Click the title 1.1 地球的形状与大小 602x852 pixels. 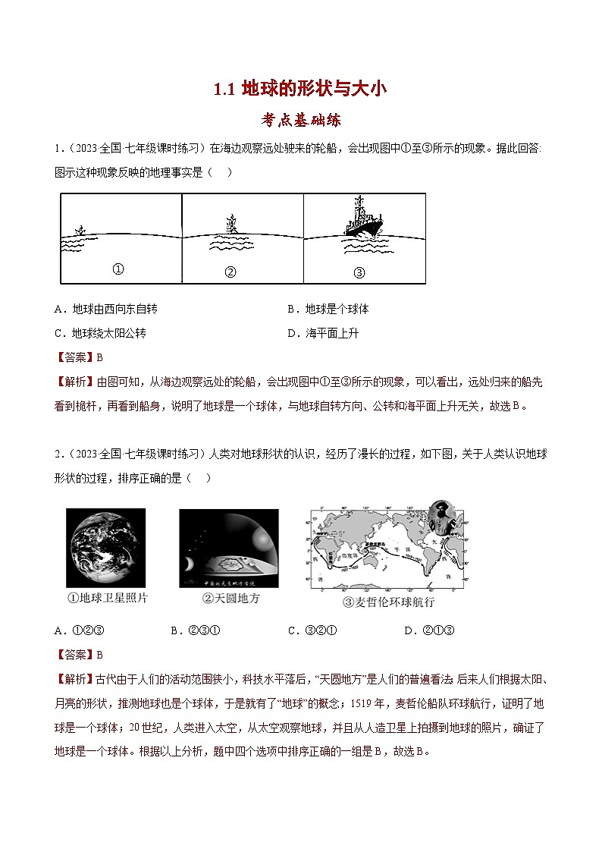pos(300,89)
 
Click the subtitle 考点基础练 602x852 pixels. pos(300,119)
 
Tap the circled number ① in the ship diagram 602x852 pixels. pos(118,269)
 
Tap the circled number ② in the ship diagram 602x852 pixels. pos(231,272)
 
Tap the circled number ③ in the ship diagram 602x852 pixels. pos(359,272)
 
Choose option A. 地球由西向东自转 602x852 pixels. pos(106,310)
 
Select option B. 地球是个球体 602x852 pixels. pos(328,310)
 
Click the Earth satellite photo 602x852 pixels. pos(105,548)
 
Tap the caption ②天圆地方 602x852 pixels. pos(230,599)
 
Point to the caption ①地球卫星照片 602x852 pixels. pos(107,598)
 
